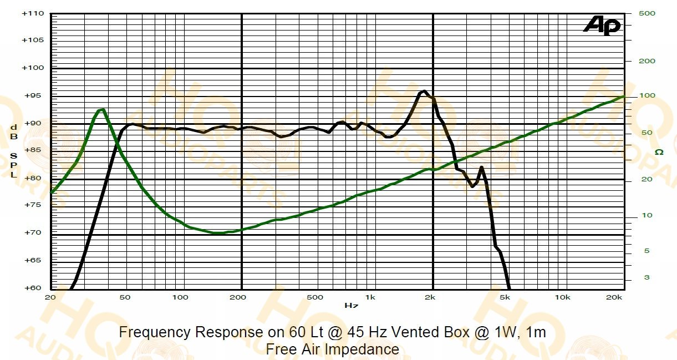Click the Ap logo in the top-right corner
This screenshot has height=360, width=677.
tap(602, 26)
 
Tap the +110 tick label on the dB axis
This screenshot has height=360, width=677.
tap(33, 14)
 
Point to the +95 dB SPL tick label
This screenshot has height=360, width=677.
tap(33, 96)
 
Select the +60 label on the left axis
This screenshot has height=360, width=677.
tap(33, 288)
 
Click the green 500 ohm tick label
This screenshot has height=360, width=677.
tap(647, 13)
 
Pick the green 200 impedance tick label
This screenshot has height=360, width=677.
tap(647, 61)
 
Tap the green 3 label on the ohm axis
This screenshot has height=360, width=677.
tap(647, 277)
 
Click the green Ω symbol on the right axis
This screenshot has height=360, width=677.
tap(659, 152)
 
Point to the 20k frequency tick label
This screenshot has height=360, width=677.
tap(614, 297)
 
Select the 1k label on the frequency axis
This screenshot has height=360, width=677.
tap(370, 297)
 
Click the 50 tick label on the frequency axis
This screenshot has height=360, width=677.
tap(125, 297)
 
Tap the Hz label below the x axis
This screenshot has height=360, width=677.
tap(351, 305)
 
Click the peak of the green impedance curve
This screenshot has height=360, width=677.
tap(101, 110)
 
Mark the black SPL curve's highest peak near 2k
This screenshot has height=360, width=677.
tap(424, 91)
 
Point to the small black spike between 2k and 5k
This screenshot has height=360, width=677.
tap(481, 167)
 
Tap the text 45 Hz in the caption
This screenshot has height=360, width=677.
tap(367, 332)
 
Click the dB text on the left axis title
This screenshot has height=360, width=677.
tap(14, 132)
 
